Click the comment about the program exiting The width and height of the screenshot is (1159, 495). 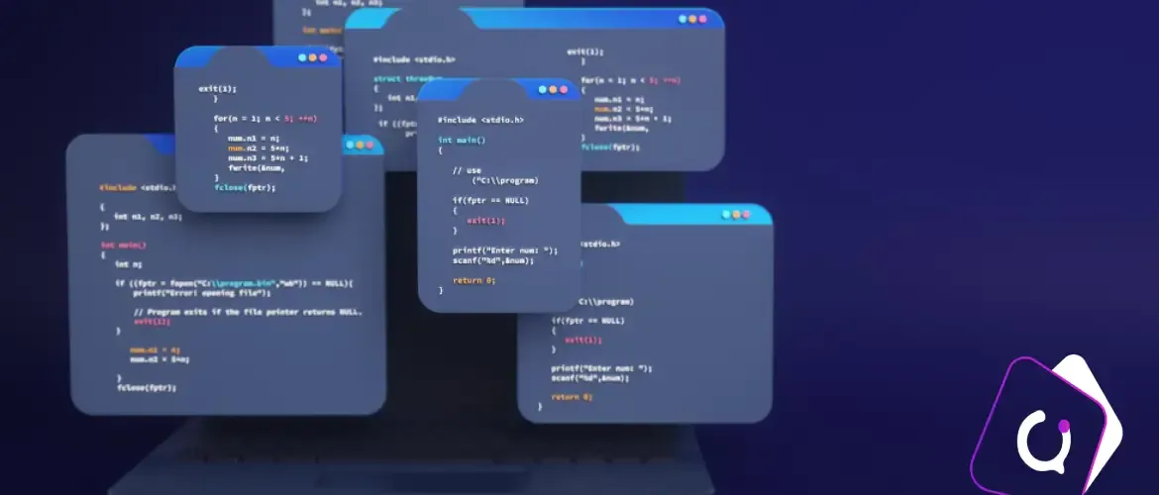click(248, 312)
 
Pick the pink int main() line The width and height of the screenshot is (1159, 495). click(124, 245)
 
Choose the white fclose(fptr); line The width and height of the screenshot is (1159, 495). click(147, 387)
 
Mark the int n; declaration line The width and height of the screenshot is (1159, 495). click(128, 264)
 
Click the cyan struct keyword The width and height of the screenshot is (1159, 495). click(386, 78)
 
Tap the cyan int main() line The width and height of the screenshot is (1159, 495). click(462, 141)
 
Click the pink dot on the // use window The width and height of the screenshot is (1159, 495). click(565, 90)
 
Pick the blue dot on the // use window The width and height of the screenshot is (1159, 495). click(543, 90)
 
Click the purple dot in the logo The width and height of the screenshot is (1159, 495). click(1065, 427)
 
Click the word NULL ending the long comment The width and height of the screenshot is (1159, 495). click(351, 312)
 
